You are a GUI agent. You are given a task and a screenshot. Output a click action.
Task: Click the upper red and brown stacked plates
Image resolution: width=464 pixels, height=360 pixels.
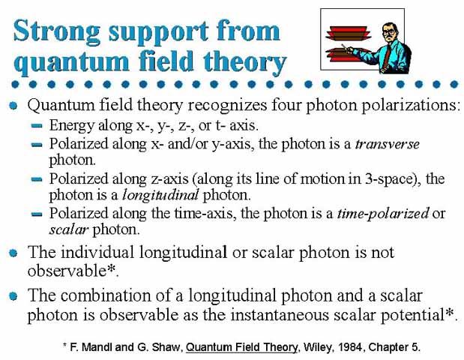[x=348, y=33]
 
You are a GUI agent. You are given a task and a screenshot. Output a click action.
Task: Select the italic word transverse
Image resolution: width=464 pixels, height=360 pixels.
[x=388, y=144]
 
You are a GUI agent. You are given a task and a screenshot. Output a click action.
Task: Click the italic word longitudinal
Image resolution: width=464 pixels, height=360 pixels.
[x=160, y=195]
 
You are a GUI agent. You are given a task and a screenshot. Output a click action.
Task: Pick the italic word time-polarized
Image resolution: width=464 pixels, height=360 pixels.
[x=383, y=214]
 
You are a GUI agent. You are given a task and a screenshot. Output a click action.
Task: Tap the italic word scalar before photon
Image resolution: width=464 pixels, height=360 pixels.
[x=68, y=229]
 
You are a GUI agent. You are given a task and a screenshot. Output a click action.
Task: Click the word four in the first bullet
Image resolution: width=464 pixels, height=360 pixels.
[x=286, y=105]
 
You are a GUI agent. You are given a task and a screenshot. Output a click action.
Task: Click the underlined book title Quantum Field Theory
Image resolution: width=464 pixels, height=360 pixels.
[x=241, y=347]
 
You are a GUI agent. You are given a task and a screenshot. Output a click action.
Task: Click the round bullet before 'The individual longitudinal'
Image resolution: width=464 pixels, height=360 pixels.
[x=13, y=253]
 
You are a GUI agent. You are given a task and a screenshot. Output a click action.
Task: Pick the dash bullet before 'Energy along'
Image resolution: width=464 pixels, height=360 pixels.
[x=37, y=126]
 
